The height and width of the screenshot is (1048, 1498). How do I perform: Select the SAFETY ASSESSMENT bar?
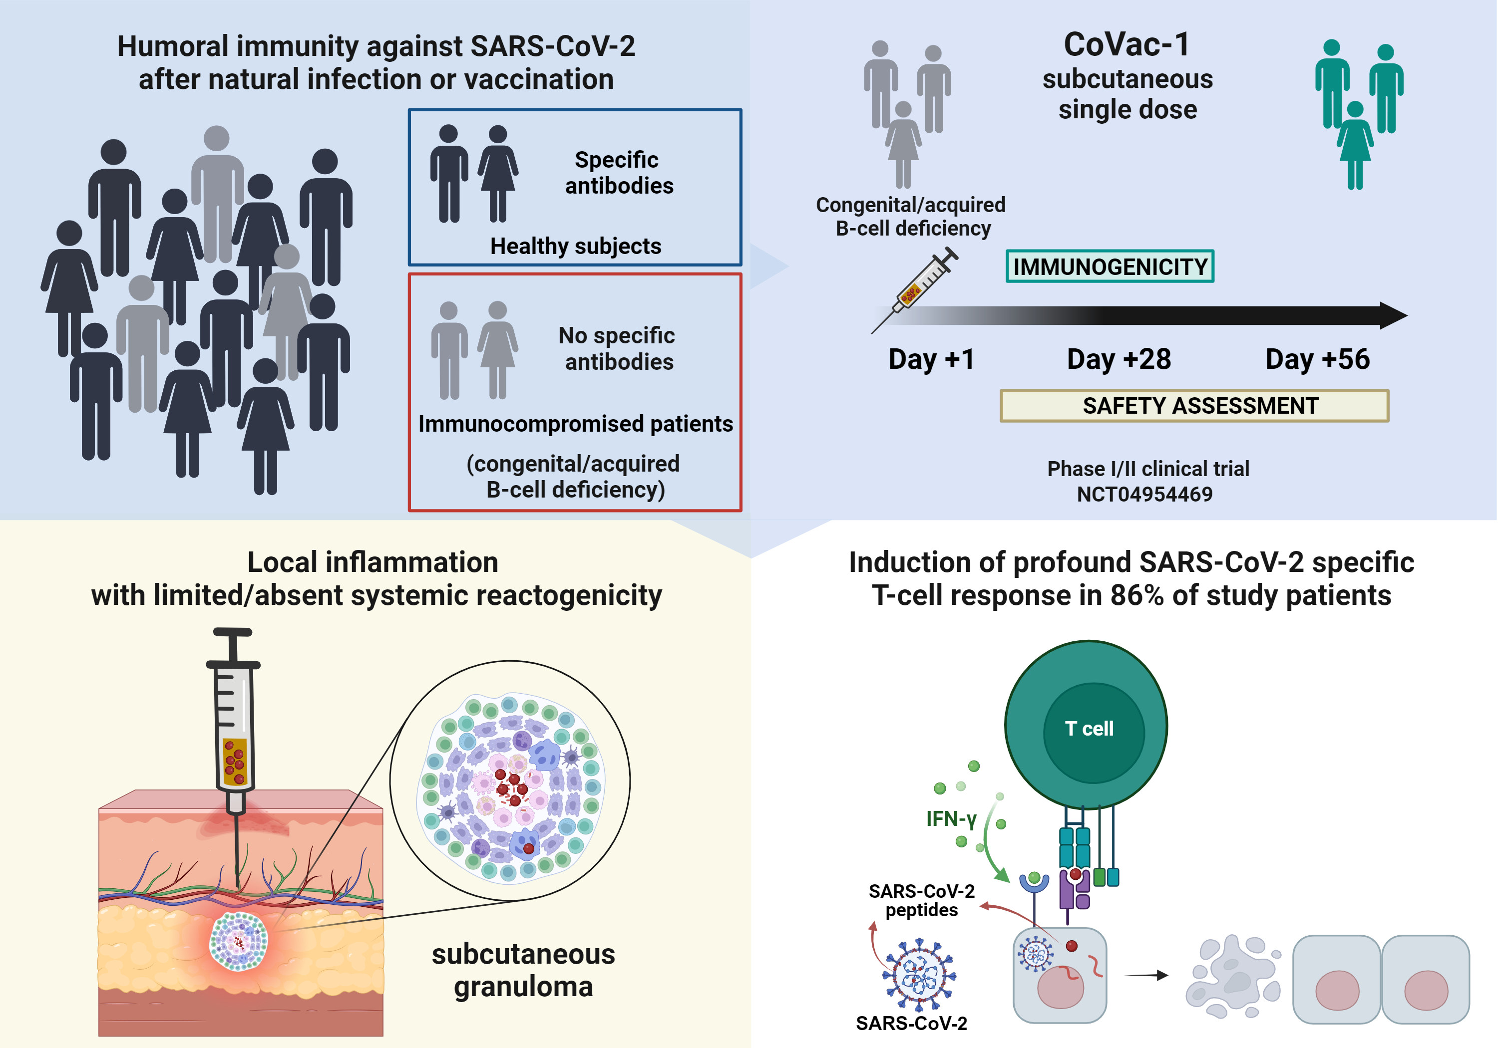pyautogui.click(x=1194, y=406)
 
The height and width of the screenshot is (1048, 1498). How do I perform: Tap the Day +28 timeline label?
pyautogui.click(x=1119, y=359)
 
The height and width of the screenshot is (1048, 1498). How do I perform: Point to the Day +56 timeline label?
pyautogui.click(x=1317, y=359)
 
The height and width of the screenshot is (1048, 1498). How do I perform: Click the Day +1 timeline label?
pyautogui.click(x=931, y=359)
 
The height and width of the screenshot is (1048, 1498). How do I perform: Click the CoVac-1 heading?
pyautogui.click(x=1127, y=44)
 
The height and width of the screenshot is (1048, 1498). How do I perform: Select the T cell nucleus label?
pyautogui.click(x=1089, y=729)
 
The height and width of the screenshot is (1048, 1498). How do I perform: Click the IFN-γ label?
pyautogui.click(x=951, y=819)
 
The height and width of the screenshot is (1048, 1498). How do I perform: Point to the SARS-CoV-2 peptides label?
pyautogui.click(x=921, y=901)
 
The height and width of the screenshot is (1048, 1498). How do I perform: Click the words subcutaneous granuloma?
pyautogui.click(x=523, y=970)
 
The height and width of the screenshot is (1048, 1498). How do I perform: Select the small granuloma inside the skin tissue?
pyautogui.click(x=238, y=941)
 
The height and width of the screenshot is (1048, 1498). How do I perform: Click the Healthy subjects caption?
pyautogui.click(x=575, y=246)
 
